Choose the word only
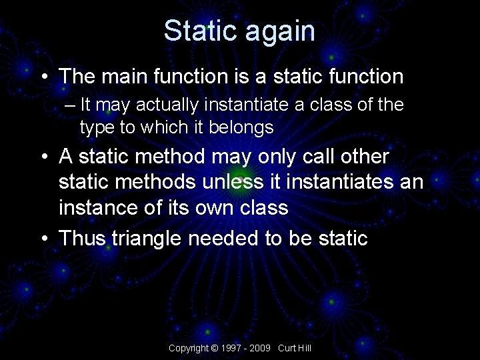(285, 157)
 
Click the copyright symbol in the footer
(214, 349)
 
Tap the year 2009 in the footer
(261, 349)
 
